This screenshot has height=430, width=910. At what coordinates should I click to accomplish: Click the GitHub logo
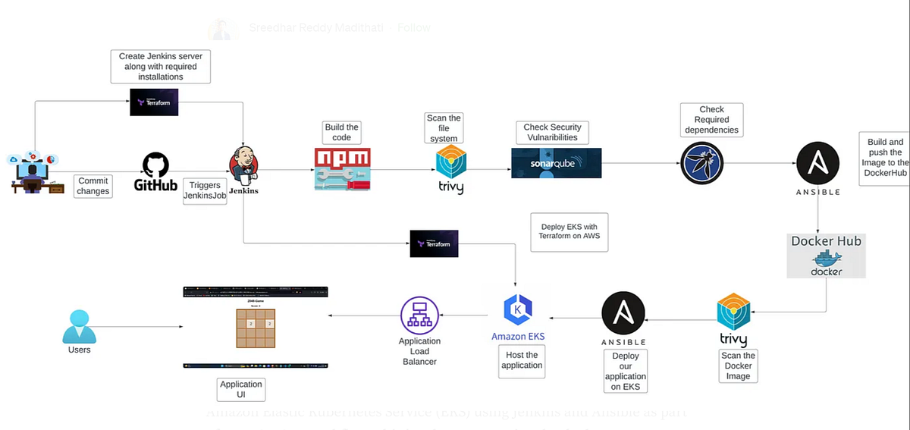click(155, 172)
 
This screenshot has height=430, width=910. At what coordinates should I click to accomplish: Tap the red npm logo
click(342, 168)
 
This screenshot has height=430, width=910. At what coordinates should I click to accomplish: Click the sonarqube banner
click(556, 163)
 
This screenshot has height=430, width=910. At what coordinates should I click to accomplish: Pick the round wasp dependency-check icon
click(701, 163)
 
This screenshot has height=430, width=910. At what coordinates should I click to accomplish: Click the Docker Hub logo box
click(826, 256)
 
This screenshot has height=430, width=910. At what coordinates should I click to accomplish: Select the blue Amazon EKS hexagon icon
click(518, 310)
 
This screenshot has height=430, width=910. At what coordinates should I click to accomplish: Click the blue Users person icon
click(79, 326)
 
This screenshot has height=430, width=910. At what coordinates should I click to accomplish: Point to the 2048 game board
click(255, 328)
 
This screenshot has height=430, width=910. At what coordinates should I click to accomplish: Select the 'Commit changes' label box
click(93, 186)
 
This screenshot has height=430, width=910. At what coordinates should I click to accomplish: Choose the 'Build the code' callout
click(342, 132)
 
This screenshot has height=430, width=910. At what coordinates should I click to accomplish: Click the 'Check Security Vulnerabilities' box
click(552, 132)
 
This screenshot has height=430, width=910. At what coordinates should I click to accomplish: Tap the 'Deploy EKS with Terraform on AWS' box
click(570, 231)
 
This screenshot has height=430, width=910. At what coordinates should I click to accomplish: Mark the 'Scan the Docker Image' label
click(738, 366)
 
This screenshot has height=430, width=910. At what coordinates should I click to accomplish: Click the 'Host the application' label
click(522, 360)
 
